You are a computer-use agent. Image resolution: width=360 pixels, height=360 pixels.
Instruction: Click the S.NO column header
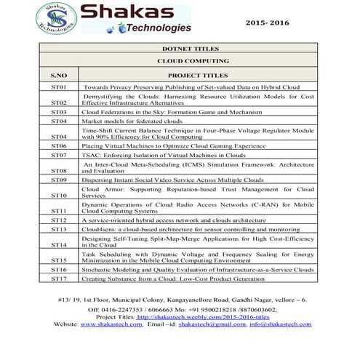tap(59, 75)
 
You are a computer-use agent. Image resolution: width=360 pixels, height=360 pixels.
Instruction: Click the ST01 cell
tap(59, 87)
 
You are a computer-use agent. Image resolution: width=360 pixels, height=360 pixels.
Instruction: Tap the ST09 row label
tap(59, 179)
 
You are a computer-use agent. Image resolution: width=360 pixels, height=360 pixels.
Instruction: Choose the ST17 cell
tap(59, 279)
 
